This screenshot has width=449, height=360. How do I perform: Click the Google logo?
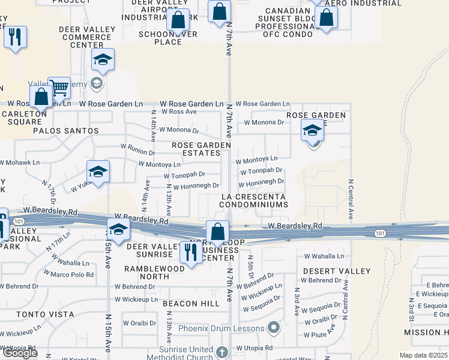coord(20,353)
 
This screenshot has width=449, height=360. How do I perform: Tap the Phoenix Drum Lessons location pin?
coord(274,328)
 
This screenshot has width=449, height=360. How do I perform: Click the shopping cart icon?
coord(59,88)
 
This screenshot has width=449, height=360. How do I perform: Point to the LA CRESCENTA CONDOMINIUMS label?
coord(253,200)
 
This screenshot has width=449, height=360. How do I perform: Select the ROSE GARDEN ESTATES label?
coord(201,149)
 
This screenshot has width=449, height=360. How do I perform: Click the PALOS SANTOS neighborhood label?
coord(65,130)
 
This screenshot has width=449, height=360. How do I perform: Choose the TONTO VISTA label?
coord(46,314)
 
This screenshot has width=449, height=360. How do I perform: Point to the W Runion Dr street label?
coord(138,146)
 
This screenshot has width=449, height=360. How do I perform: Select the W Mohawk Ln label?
coord(19,162)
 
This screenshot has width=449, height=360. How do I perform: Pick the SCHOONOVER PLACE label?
coord(168,38)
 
